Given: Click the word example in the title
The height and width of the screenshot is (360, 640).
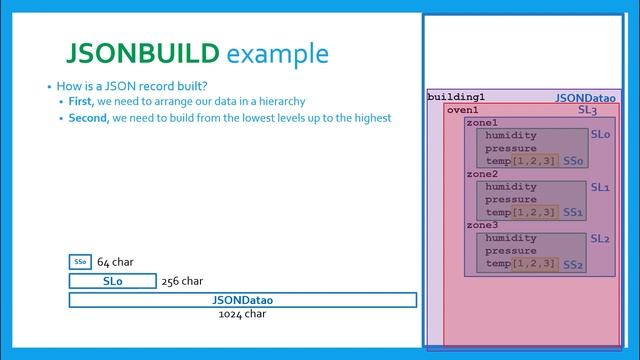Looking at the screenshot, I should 277,53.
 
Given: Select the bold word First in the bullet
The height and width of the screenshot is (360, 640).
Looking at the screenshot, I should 81,102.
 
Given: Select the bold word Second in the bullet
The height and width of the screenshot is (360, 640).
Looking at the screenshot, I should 88,118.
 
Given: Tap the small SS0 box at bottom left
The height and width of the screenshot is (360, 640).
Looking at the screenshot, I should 80,262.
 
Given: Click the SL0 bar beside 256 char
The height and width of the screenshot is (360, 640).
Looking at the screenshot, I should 112,281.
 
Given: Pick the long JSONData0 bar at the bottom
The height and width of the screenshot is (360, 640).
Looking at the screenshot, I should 242,300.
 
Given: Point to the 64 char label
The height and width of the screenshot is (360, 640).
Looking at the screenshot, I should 115,262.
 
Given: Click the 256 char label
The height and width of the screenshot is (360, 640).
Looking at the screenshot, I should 182,281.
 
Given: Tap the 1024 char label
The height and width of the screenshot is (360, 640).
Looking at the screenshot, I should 242,314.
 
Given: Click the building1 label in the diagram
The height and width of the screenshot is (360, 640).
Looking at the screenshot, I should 456,97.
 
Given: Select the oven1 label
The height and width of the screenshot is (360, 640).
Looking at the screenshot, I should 462,110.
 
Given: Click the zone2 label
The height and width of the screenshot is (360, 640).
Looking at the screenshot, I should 482,174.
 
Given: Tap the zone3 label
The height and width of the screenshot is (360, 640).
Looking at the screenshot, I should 482,225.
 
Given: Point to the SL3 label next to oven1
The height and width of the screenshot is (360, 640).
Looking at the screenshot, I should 587,111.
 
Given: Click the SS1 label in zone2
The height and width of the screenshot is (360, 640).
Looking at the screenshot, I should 572,212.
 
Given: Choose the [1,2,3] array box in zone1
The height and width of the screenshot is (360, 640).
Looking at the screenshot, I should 534,161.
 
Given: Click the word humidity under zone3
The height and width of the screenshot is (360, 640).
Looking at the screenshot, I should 511,238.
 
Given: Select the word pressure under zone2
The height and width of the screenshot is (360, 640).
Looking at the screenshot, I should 511,199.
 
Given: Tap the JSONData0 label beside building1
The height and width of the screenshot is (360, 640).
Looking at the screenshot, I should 585,98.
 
